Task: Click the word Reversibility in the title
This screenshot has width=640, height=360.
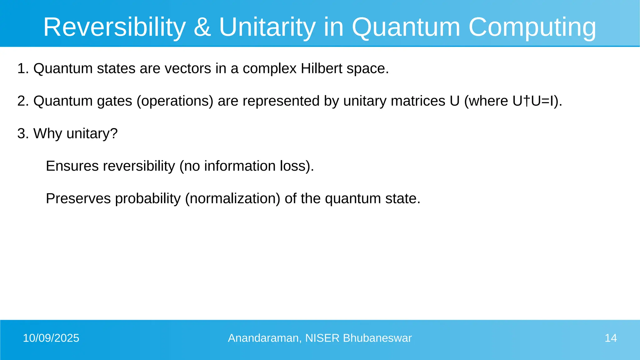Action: point(114,27)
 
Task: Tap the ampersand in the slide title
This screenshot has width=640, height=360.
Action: point(202,27)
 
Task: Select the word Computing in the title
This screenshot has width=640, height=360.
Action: point(532,27)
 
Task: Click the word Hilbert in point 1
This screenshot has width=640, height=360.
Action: point(322,68)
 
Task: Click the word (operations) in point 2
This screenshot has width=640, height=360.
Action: point(175,101)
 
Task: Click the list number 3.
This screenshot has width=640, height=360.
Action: point(21,133)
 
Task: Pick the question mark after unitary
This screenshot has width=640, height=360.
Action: point(114,133)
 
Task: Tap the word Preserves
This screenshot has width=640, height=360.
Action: point(78,198)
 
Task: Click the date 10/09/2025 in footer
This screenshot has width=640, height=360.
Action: point(51,338)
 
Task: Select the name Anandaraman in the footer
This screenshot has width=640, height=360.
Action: point(264,338)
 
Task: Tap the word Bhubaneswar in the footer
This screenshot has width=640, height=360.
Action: point(377,338)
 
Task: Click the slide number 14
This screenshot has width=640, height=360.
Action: point(611,338)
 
